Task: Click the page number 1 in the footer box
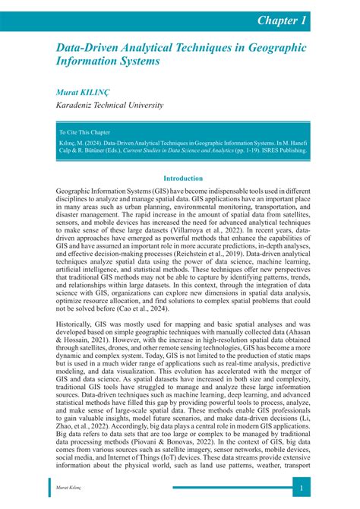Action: [x=302, y=487]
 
